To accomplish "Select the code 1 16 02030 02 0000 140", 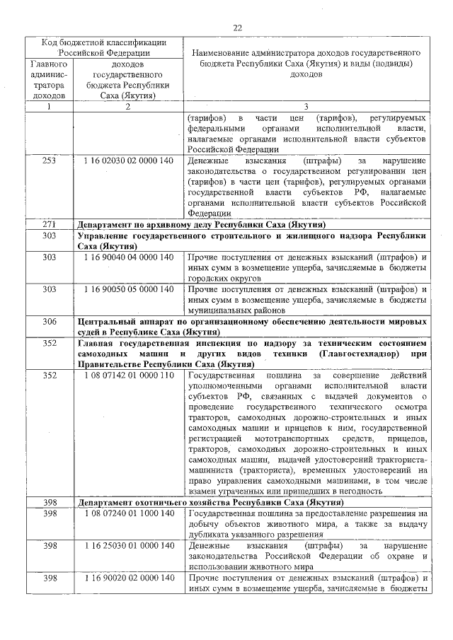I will [128, 161].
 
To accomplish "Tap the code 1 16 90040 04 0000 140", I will [128, 257].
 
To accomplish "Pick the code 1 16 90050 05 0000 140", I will [128, 289].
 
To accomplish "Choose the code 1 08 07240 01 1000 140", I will [128, 513].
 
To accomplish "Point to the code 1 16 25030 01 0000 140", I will [128, 546].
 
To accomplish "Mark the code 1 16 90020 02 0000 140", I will [128, 578].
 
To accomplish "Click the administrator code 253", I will [49, 161].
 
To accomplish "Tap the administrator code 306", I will [49, 321].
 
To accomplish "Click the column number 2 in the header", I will [128, 107].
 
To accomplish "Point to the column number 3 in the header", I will [306, 107].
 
